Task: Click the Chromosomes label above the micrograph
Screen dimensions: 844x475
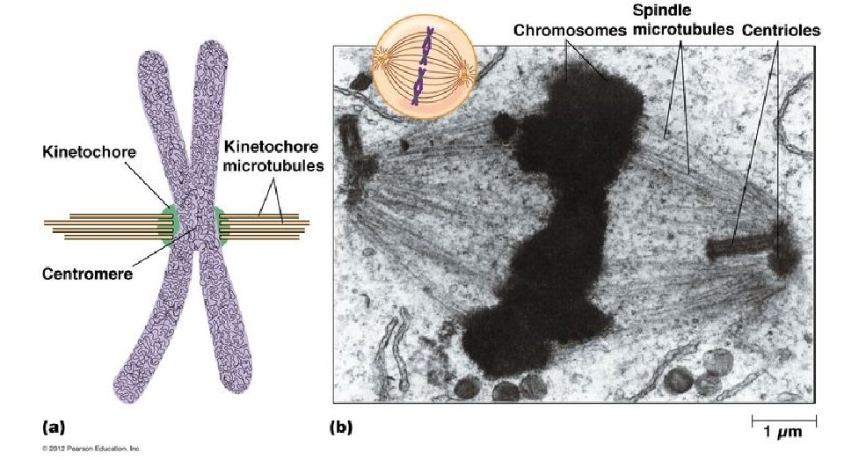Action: (570, 29)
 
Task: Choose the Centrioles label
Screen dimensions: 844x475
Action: (781, 29)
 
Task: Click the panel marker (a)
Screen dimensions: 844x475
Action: (54, 428)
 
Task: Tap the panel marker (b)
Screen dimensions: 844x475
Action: (340, 428)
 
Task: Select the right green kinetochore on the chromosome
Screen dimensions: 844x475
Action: (220, 224)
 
